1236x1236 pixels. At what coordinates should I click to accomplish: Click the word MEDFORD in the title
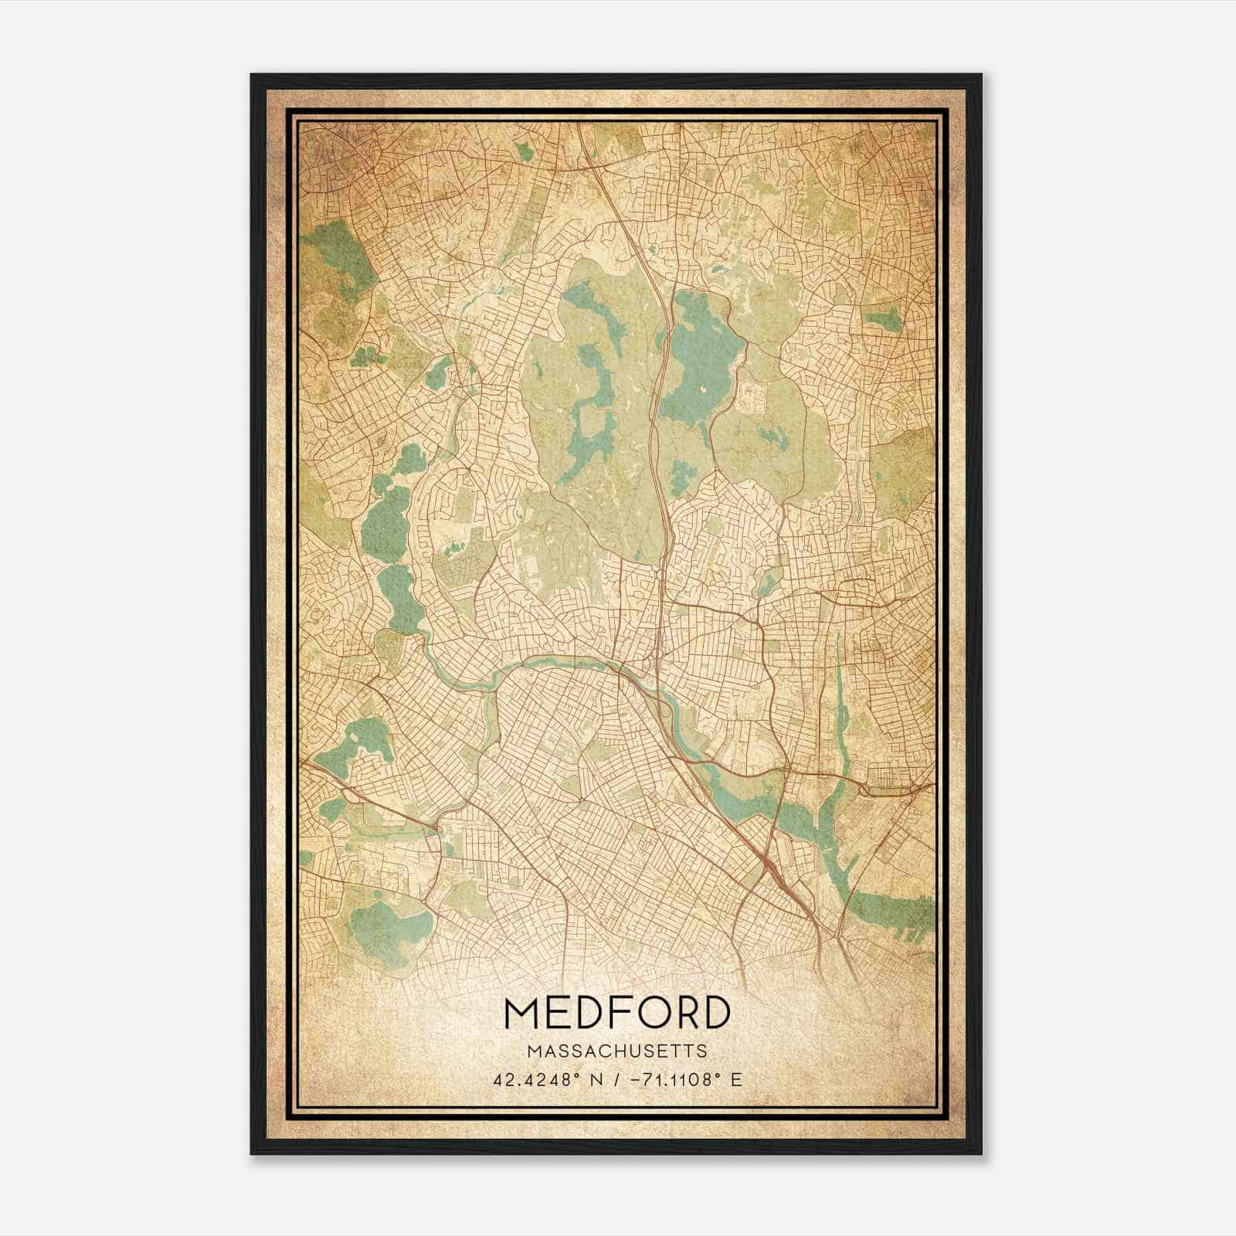coord(617,1014)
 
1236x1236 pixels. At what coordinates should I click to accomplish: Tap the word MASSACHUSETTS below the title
coord(617,1051)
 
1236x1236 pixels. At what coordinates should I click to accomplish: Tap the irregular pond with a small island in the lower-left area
coord(351,742)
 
